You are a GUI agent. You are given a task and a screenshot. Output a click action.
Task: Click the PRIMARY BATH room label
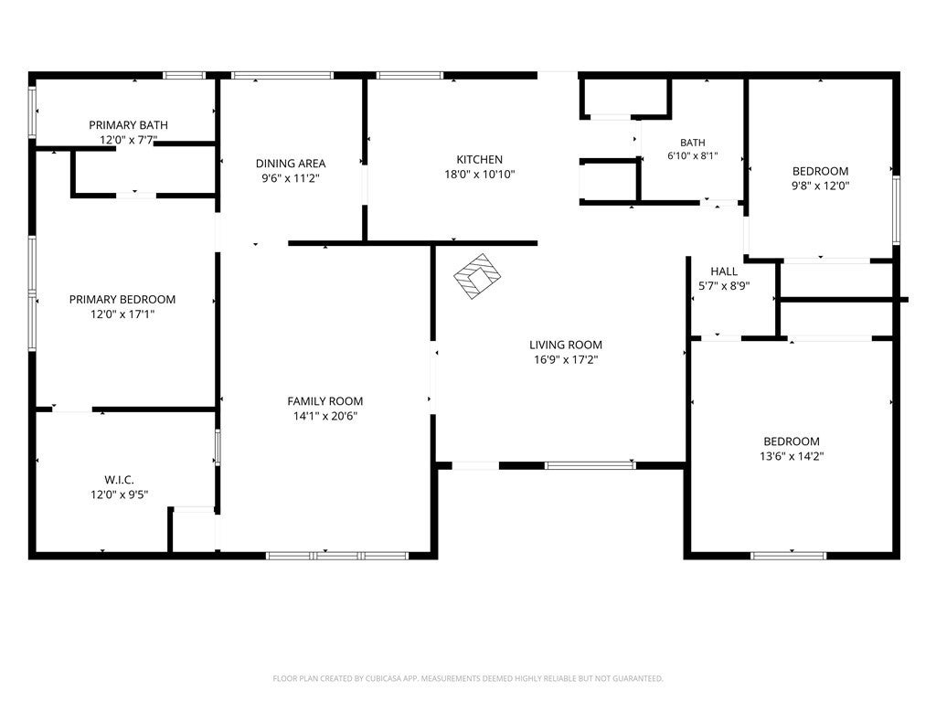coord(128,124)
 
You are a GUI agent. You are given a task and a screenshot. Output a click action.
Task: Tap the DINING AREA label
coord(291,163)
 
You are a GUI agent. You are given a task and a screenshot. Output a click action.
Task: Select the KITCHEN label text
coord(479,159)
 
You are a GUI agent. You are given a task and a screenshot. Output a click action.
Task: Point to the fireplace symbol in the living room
coord(477,276)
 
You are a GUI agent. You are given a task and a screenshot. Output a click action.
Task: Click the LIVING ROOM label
coord(566,345)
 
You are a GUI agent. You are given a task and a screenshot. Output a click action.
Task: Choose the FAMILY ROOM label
coord(325,401)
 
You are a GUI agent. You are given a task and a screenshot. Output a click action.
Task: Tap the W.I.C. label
coord(120,479)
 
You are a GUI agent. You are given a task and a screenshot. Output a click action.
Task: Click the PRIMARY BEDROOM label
coord(122,299)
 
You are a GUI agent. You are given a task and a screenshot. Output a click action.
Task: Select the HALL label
coord(724,271)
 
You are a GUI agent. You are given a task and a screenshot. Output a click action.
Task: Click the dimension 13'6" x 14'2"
coord(792,456)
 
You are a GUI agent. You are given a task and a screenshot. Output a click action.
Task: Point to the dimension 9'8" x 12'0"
coord(820,186)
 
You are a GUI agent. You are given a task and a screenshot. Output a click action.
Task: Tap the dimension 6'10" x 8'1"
coord(693,155)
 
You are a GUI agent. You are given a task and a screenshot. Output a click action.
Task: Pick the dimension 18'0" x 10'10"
coord(479,175)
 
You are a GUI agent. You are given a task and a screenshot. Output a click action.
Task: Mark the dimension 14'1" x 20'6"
coord(325,416)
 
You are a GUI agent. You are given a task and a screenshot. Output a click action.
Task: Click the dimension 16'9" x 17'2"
coord(566,359)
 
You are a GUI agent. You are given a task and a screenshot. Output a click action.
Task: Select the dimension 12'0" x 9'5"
coord(120,495)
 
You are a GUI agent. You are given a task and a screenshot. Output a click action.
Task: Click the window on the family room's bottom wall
coord(337,556)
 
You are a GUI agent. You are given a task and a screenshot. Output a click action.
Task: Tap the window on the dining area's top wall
coord(282,75)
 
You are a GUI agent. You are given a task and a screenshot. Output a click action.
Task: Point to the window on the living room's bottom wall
coord(590,465)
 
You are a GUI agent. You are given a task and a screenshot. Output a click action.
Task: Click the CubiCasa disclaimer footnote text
coord(468,678)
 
